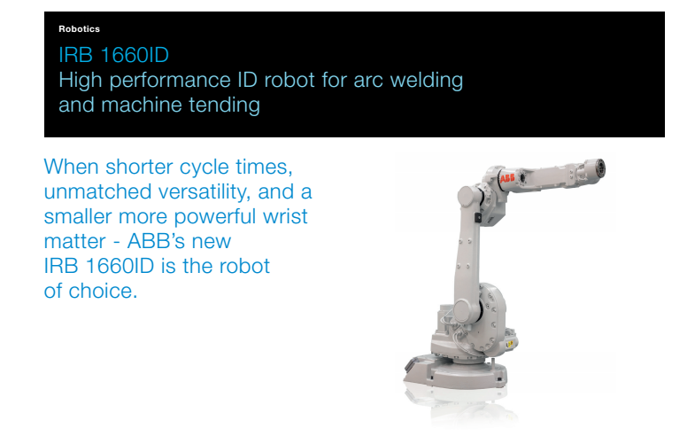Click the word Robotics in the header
(79, 29)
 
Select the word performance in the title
(170, 81)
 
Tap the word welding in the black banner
(427, 81)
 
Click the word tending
(224, 106)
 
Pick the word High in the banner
(81, 81)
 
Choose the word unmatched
(98, 191)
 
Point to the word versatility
(205, 192)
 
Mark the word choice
(103, 291)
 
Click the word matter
(75, 242)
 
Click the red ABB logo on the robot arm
(507, 178)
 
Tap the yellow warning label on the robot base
(509, 344)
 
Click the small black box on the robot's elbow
(478, 218)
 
